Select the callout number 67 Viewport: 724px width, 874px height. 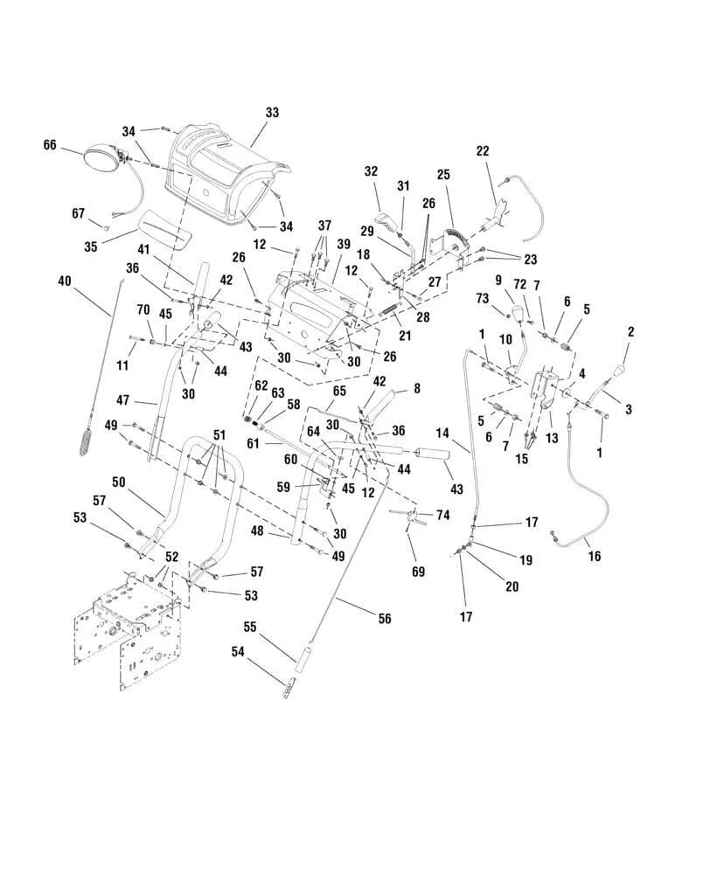[x=78, y=212]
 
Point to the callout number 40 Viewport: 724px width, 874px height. [x=64, y=281]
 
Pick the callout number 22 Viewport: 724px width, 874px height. [x=483, y=150]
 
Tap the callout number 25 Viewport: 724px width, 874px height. [x=443, y=175]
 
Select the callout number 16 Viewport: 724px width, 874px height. [x=595, y=555]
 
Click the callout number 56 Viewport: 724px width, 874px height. [x=385, y=619]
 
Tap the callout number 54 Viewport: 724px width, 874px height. [x=238, y=651]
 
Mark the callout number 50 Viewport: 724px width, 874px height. [x=118, y=482]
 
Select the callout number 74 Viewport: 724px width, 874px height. [x=442, y=516]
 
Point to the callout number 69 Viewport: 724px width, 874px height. [x=418, y=572]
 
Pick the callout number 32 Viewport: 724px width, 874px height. [x=371, y=171]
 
